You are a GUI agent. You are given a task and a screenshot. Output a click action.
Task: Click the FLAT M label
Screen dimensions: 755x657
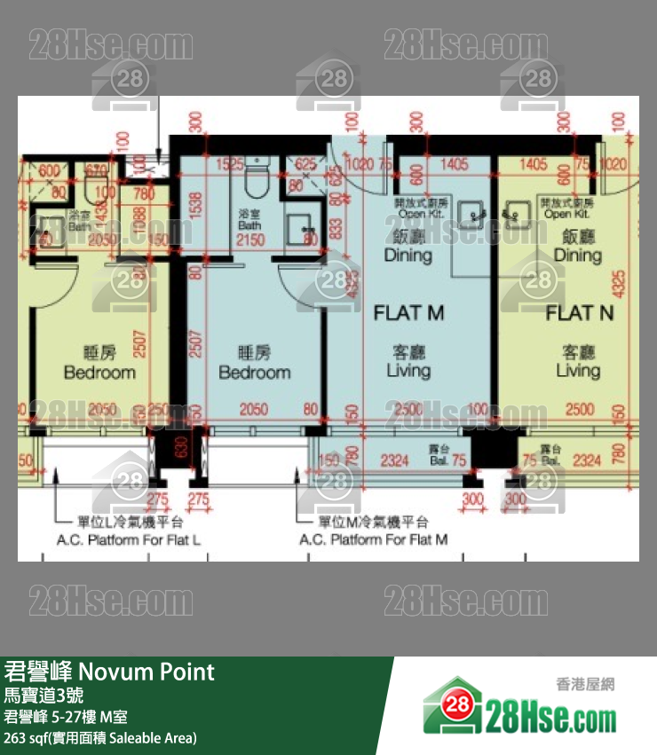tap(408, 312)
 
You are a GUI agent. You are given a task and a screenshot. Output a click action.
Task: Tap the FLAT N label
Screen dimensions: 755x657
tap(580, 312)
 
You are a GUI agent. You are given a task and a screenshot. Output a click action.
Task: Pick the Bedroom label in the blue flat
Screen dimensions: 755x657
tap(254, 372)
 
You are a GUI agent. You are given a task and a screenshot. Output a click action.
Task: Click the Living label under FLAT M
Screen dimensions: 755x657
tap(408, 371)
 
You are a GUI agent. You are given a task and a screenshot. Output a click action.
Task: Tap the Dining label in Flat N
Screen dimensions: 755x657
tap(578, 256)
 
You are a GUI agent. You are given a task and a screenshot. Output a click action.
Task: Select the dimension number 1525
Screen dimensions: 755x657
tap(229, 163)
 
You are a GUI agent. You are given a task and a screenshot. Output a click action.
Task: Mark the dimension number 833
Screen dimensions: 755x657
tap(335, 231)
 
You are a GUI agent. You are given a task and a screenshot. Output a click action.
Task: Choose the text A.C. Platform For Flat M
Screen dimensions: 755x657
tap(373, 539)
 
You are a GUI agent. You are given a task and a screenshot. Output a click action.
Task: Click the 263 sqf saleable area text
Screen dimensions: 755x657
tap(100, 737)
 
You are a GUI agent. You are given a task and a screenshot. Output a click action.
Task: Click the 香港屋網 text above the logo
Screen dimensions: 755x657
tap(585, 684)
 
